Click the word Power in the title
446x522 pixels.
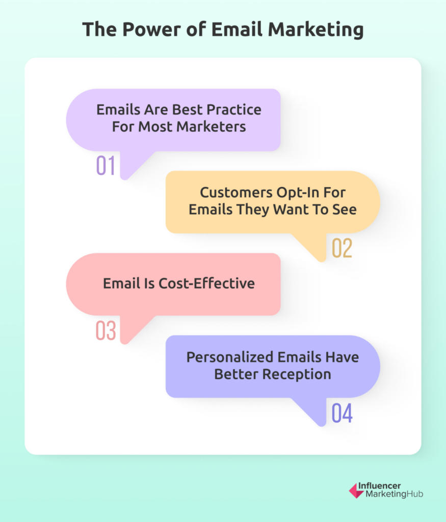click(x=151, y=29)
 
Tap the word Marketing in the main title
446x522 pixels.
click(x=316, y=30)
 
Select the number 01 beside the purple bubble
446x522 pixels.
click(x=106, y=166)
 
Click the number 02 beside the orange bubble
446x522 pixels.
click(x=342, y=248)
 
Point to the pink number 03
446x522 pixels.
click(x=106, y=330)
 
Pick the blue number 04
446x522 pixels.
click(x=342, y=413)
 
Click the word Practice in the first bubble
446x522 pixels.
click(x=233, y=110)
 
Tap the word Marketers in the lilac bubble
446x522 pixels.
click(x=211, y=127)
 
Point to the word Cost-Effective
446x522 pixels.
click(x=207, y=283)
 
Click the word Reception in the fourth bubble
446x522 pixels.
click(x=297, y=375)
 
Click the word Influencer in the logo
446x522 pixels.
click(x=379, y=486)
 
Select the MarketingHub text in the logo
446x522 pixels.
click(x=395, y=494)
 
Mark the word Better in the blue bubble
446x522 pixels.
click(x=237, y=375)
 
